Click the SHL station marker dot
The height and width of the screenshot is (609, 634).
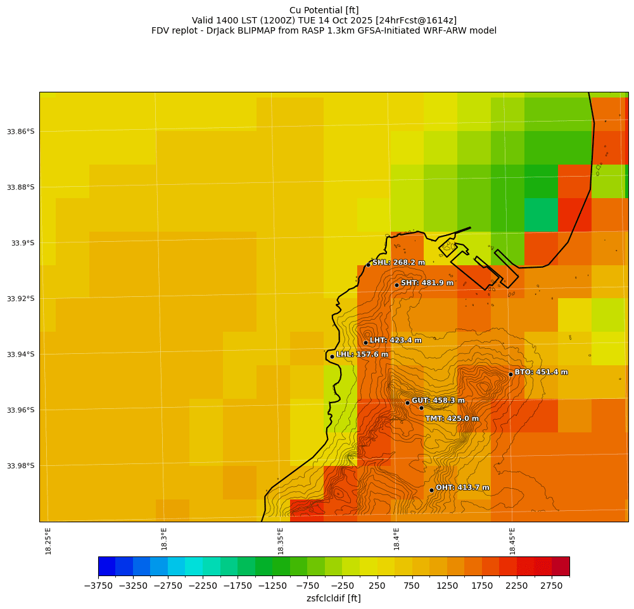tap(368, 265)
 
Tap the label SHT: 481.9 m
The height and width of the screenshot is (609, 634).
tap(427, 283)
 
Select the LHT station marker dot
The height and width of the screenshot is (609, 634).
tap(365, 342)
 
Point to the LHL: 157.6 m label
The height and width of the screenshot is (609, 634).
tap(362, 355)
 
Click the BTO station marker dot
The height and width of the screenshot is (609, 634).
tap(510, 374)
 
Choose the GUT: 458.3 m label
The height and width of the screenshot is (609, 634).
tap(438, 401)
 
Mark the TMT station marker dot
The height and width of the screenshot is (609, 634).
tap(421, 408)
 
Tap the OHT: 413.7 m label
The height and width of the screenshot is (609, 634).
tap(462, 487)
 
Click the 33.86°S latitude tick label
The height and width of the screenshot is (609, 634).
tap(20, 132)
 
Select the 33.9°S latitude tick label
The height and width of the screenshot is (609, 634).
tap(23, 243)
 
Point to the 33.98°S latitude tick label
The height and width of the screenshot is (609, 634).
tap(20, 466)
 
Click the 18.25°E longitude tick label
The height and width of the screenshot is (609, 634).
tap(49, 541)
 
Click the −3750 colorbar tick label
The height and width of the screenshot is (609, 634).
tap(98, 586)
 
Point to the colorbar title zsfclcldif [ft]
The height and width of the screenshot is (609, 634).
tap(333, 598)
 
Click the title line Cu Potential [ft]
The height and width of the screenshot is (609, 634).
tap(324, 10)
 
